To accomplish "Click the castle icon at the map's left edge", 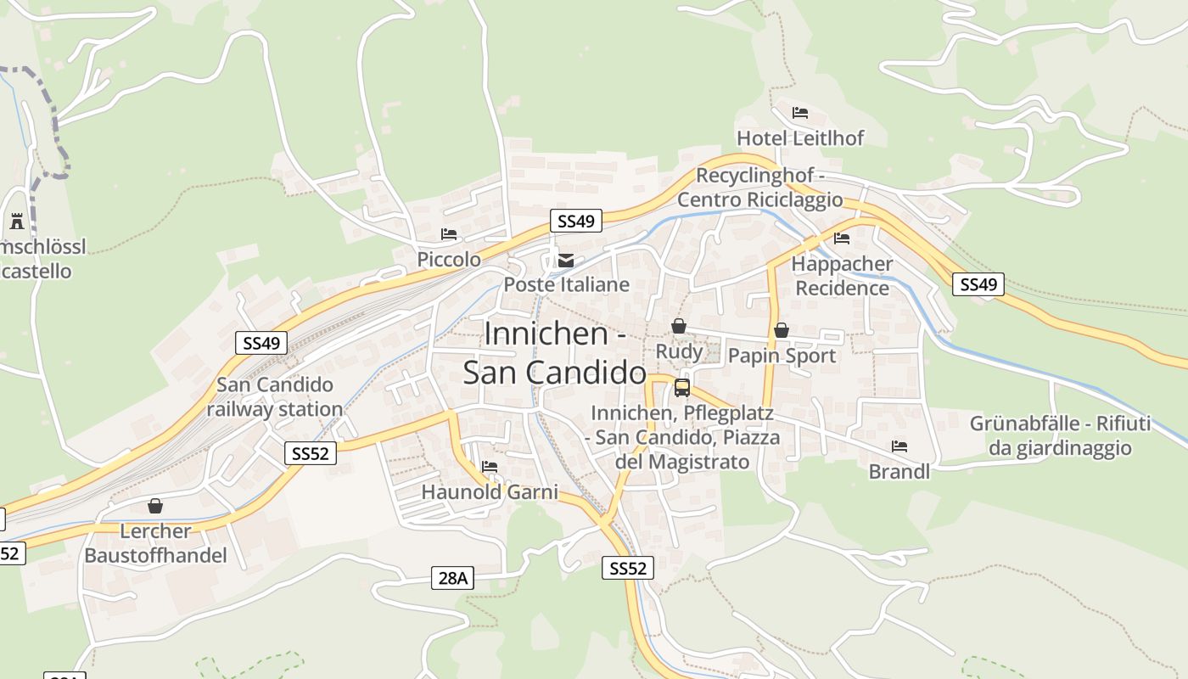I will point(17,222).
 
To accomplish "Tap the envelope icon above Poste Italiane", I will point(566,261).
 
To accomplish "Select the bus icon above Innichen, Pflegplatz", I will point(681,388).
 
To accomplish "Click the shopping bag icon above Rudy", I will point(678,326).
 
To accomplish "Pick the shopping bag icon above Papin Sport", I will point(781,330).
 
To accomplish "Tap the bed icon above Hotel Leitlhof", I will point(799,113).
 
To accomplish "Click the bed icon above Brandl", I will point(899,446).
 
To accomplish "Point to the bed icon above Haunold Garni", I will point(490,467).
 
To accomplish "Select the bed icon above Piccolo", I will point(449,234).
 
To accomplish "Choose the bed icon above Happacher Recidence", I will point(842,238).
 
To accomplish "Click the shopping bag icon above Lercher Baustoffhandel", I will point(155,506).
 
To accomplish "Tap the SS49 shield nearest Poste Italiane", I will point(575,222).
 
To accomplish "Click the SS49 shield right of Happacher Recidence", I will point(978,284).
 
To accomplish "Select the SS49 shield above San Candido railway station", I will point(261,343).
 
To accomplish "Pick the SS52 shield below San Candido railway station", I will point(310,453).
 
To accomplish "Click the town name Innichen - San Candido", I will point(555,353).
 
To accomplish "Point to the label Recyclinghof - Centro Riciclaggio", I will point(760,188).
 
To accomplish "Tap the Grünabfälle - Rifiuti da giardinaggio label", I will point(1060,435).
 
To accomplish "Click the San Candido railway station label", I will point(275,397).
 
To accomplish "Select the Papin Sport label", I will point(782,356).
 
